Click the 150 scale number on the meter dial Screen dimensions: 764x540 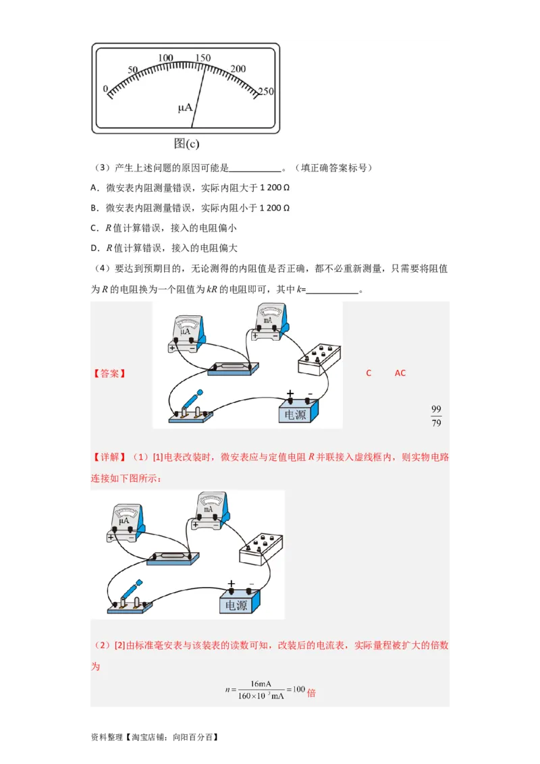(x=201, y=58)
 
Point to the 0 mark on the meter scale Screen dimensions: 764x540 (x=105, y=89)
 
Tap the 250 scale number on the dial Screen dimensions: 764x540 (x=265, y=92)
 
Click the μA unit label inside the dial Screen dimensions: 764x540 (x=185, y=107)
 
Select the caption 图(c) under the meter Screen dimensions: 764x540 (x=186, y=143)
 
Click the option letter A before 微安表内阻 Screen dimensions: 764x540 (x=94, y=187)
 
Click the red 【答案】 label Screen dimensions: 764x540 (x=109, y=373)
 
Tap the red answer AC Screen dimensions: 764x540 (x=400, y=373)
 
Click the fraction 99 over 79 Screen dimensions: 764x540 (x=436, y=416)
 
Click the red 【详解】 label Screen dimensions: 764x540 (x=109, y=458)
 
